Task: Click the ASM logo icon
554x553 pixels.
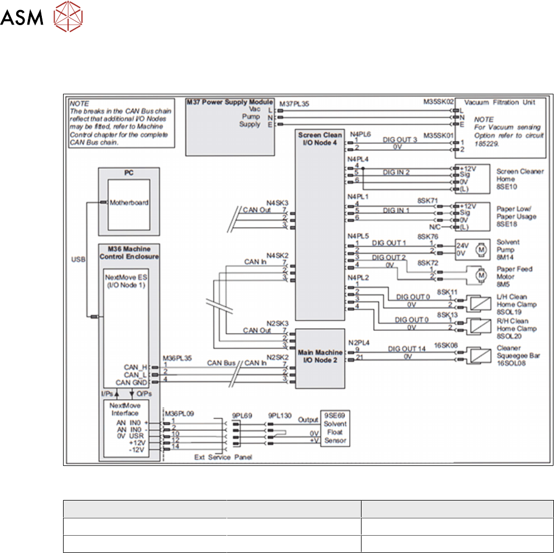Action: (63, 19)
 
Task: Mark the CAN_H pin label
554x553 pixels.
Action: (136, 367)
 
